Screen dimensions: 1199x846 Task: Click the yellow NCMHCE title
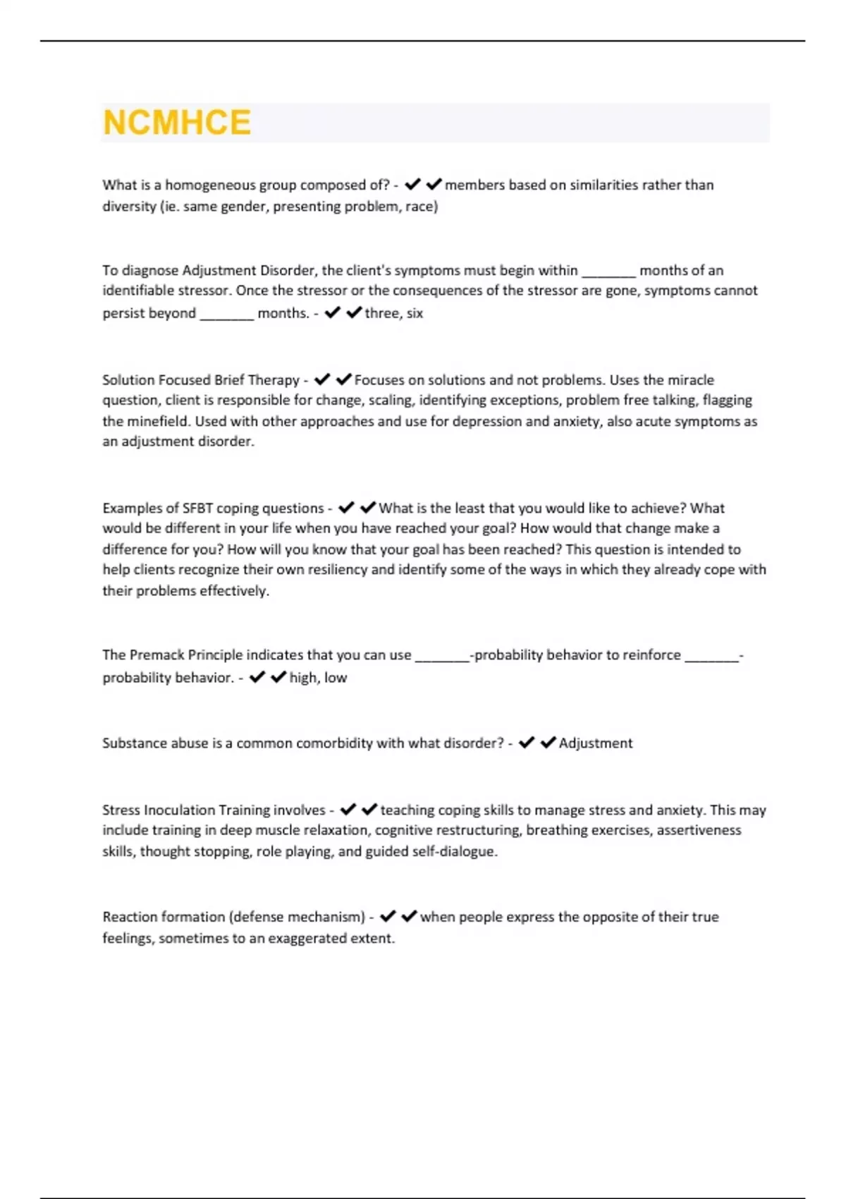click(177, 123)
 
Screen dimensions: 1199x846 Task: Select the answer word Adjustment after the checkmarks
click(596, 743)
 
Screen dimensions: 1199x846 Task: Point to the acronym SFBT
click(197, 509)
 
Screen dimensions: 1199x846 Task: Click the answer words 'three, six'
click(394, 314)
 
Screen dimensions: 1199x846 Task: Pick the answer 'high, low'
click(318, 678)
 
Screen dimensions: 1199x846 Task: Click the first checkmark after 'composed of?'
click(412, 185)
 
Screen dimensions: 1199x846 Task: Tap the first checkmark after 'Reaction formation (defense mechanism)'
click(388, 917)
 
